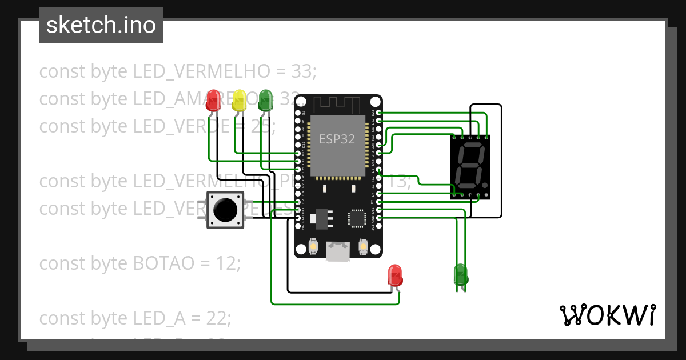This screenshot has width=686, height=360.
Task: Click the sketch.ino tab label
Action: click(101, 25)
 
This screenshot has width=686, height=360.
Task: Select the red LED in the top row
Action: click(213, 101)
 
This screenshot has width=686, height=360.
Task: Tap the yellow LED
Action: click(239, 101)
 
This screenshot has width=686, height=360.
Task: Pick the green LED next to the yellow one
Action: click(265, 101)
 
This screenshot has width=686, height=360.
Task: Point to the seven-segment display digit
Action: click(469, 166)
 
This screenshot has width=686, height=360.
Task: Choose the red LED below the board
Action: click(395, 275)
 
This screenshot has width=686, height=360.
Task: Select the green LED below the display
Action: click(461, 275)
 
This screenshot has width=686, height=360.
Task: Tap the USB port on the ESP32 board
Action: click(337, 251)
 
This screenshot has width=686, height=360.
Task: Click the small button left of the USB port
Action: click(313, 247)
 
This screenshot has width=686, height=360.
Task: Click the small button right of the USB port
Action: click(362, 247)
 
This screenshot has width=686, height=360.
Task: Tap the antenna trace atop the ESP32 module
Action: click(337, 105)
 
